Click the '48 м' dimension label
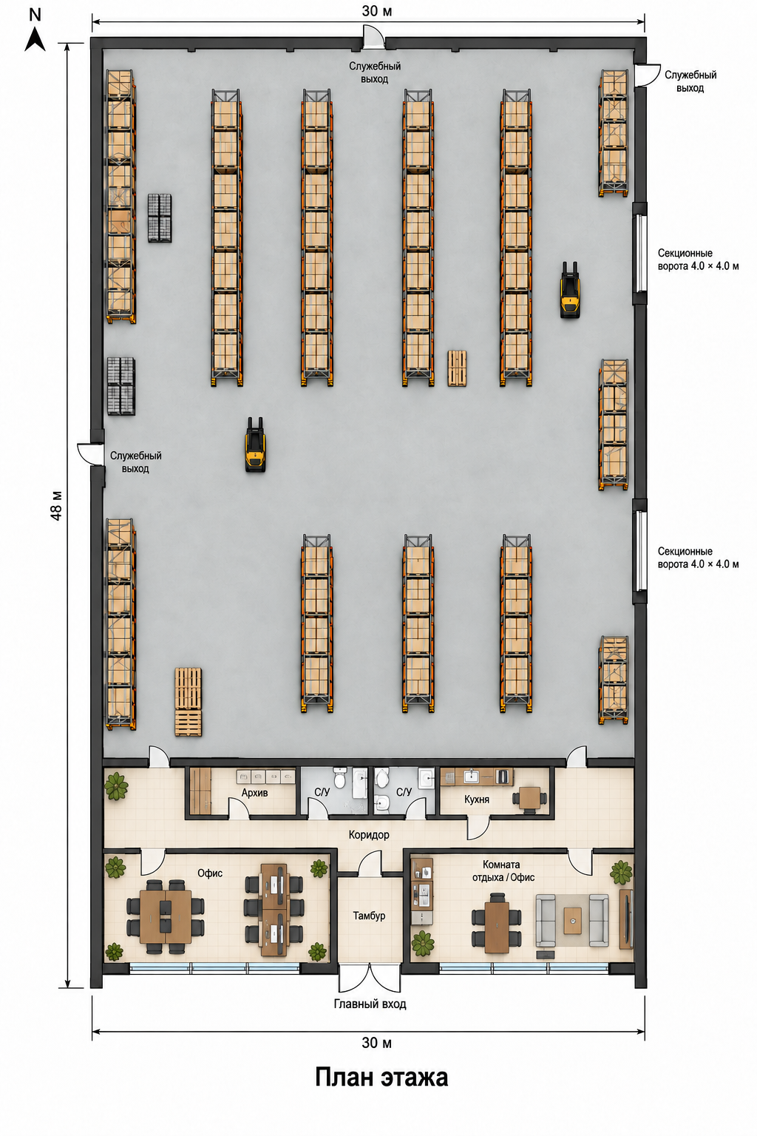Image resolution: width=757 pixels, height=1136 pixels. (x=56, y=505)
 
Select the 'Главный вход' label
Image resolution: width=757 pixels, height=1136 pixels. (x=370, y=1004)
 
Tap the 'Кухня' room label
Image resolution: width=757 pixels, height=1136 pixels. (x=477, y=799)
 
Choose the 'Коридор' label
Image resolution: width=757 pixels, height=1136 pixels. (x=369, y=834)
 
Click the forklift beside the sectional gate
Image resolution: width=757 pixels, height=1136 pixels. (x=570, y=290)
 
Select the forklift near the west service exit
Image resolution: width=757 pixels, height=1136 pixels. (x=255, y=444)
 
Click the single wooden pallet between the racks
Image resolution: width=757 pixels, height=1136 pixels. (x=457, y=368)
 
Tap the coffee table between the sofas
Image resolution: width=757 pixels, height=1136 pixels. (x=573, y=921)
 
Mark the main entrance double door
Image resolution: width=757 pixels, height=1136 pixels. (x=370, y=977)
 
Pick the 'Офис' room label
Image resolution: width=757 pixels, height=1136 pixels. (x=210, y=873)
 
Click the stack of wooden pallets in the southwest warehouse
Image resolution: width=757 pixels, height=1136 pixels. (x=188, y=701)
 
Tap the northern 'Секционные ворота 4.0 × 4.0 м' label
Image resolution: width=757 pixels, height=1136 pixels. (x=698, y=259)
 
